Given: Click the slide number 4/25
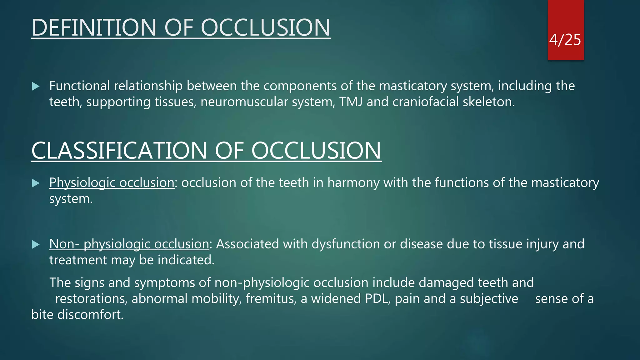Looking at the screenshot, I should pos(565,40).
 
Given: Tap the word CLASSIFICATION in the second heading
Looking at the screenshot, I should pos(119,151).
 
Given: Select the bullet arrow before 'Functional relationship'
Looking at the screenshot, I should pos(36,86).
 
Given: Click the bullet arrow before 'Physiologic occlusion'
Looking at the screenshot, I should pos(36,183).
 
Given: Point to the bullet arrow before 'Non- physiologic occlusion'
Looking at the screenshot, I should pos(36,244).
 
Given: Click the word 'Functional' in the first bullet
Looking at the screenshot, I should pos(79,86).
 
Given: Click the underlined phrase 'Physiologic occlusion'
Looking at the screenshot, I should pos(112,183).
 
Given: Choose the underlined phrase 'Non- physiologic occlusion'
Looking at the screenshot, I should pos(129,244).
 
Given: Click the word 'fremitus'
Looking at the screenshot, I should pos(271,299).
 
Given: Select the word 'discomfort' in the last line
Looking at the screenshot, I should pos(90,315).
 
